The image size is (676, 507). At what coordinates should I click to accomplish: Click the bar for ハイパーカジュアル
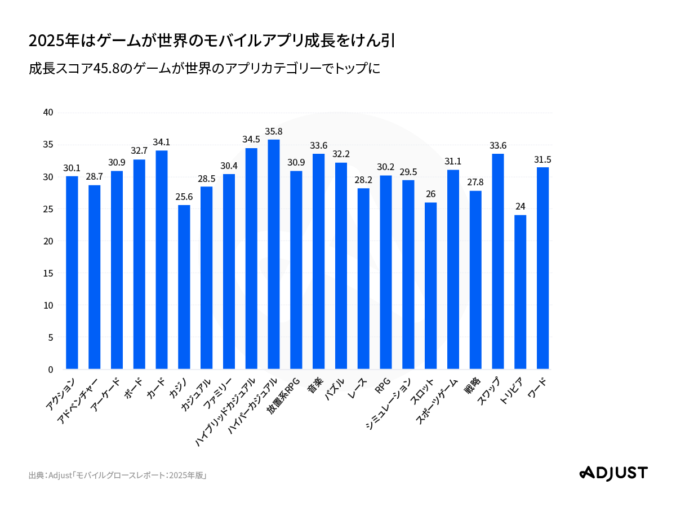(274, 255)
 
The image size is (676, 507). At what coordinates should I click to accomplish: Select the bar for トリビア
(521, 292)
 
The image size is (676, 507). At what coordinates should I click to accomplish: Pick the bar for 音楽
(318, 261)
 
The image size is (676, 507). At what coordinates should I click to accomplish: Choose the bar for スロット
(430, 286)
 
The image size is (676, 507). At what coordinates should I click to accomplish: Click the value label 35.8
(274, 131)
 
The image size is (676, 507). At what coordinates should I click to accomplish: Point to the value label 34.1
(162, 142)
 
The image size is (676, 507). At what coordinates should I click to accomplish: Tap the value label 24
(521, 206)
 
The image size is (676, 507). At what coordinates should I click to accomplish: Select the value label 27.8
(475, 182)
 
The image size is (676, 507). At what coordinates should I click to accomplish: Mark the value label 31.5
(542, 159)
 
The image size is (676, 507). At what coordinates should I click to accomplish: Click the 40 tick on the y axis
(48, 113)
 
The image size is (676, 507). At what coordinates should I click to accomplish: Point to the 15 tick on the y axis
(48, 273)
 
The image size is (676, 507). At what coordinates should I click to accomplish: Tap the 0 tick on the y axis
(51, 370)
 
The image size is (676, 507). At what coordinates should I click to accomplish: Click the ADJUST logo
(613, 473)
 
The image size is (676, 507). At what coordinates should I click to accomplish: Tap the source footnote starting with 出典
(118, 475)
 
